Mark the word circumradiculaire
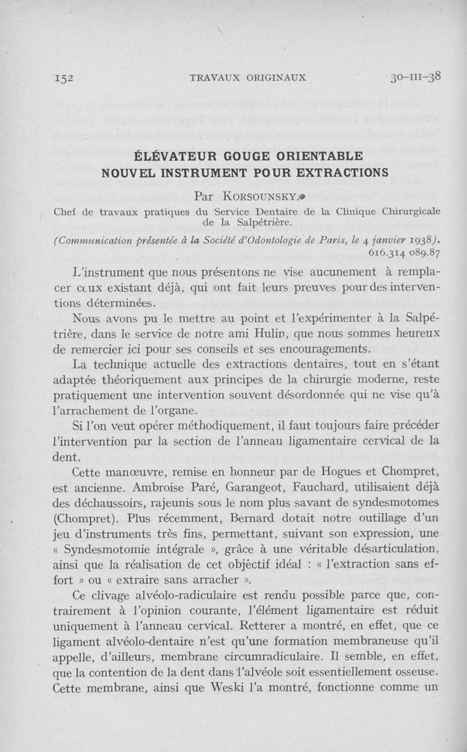pyautogui.click(x=285, y=657)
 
